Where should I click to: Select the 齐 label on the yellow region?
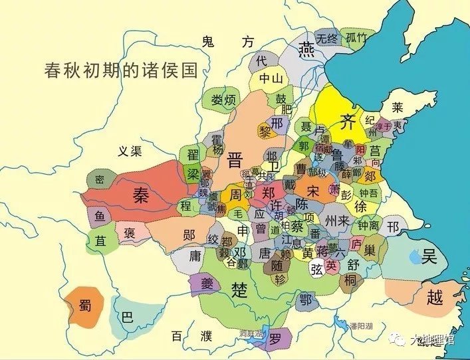click(348, 121)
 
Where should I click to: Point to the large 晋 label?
click(236, 159)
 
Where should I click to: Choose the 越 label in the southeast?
click(435, 297)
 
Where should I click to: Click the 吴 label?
click(429, 255)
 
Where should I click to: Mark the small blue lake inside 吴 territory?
click(414, 255)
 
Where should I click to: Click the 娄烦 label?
click(223, 100)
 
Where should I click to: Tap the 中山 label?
click(271, 78)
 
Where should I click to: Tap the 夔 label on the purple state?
click(202, 283)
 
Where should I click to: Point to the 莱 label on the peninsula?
click(398, 106)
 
